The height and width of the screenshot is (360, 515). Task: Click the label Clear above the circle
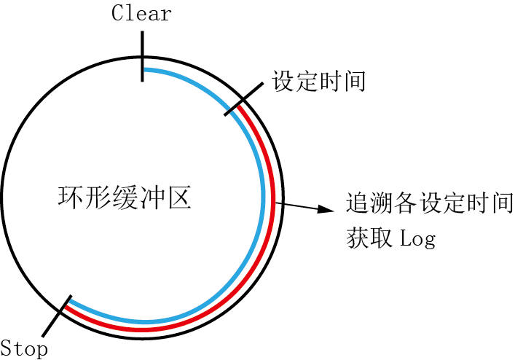pos(141,14)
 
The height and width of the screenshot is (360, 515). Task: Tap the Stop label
pos(24,348)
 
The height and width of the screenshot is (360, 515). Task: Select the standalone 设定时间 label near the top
pos(318,81)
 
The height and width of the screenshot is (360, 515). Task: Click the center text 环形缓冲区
pos(124,197)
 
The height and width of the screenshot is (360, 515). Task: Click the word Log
pos(418,239)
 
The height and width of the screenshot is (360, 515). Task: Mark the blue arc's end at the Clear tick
pos(145,70)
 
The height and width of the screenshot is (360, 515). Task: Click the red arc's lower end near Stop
pos(65,307)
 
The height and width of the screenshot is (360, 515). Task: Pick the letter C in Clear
pos(117,14)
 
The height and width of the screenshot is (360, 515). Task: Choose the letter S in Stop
pos(6,348)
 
